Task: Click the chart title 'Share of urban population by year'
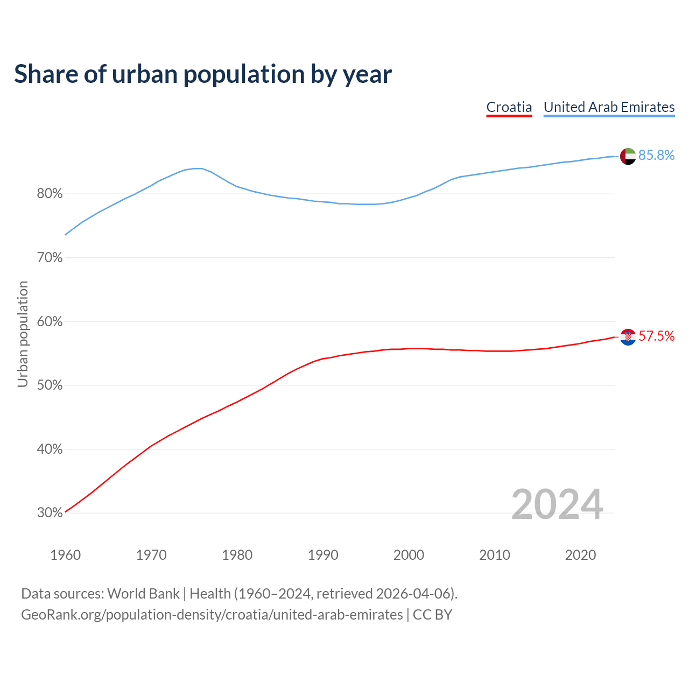(x=203, y=74)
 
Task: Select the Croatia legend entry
(x=509, y=107)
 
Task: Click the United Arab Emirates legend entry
(x=609, y=107)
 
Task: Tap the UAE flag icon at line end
(x=628, y=156)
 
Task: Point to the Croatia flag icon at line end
(x=628, y=337)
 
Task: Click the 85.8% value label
(x=656, y=156)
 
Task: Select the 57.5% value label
(x=656, y=336)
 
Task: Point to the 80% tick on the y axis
(x=50, y=194)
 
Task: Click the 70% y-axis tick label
(x=50, y=258)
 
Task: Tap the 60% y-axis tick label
(x=50, y=322)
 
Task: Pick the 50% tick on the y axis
(x=50, y=385)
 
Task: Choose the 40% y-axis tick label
(x=50, y=449)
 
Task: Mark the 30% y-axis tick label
(x=50, y=513)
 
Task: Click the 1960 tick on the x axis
(x=66, y=555)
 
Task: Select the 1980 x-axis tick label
(x=237, y=555)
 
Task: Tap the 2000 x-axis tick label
(x=409, y=555)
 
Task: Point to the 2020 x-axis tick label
(x=580, y=555)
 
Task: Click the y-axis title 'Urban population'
(x=23, y=334)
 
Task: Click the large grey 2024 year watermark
(x=557, y=504)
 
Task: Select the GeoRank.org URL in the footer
(x=212, y=615)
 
